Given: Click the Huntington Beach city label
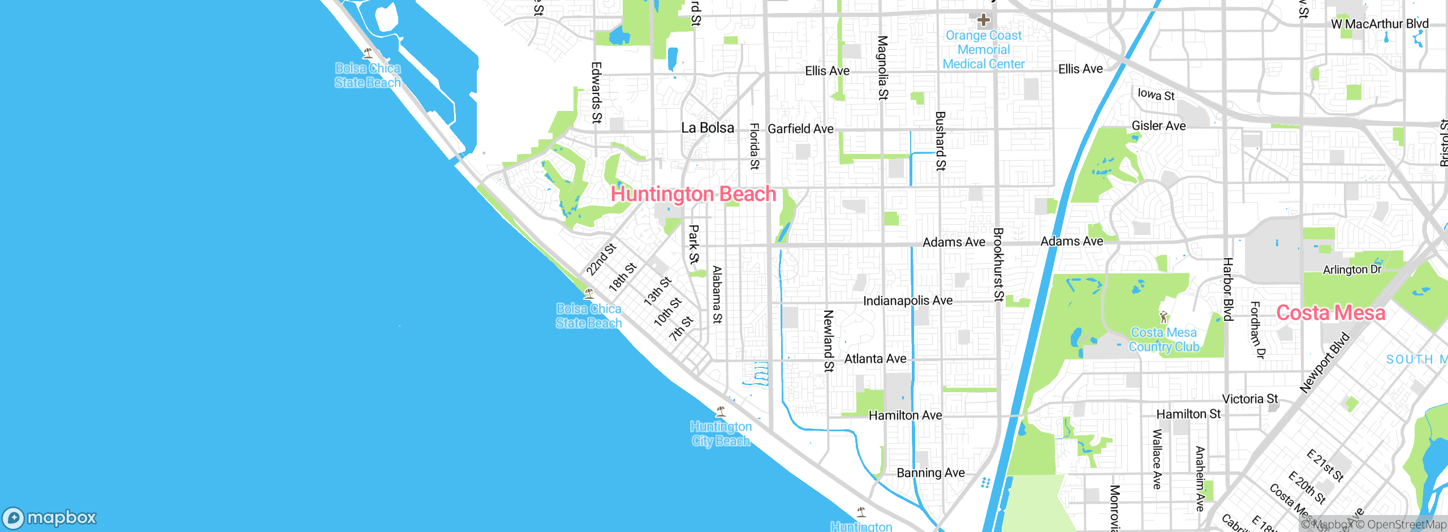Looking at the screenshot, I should coord(693,194).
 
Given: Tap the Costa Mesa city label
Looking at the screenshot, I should coord(1330,313).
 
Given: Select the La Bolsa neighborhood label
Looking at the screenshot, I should coord(708,128).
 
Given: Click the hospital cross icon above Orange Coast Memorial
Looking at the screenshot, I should coord(984,20).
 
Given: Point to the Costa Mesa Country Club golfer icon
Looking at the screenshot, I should coord(1163,317).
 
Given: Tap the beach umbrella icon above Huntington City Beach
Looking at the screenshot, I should coord(721,411).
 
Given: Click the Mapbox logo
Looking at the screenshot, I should coord(50,518).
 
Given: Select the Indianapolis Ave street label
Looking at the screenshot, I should coord(907,301).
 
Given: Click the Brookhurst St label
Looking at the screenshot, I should coord(998,265).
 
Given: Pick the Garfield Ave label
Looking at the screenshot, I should coord(800,129).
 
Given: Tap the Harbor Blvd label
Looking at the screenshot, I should coord(1228,289).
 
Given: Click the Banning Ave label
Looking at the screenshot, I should coord(930,473).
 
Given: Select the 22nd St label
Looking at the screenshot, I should coord(601,259).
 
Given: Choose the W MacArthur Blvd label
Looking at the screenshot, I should coord(1380,24).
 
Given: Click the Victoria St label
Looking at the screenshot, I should coord(1250,399).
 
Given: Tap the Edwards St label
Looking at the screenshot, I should coord(596,93).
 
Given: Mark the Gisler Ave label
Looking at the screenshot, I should coord(1158,126).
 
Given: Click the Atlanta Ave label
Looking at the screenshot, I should coord(875,359).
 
